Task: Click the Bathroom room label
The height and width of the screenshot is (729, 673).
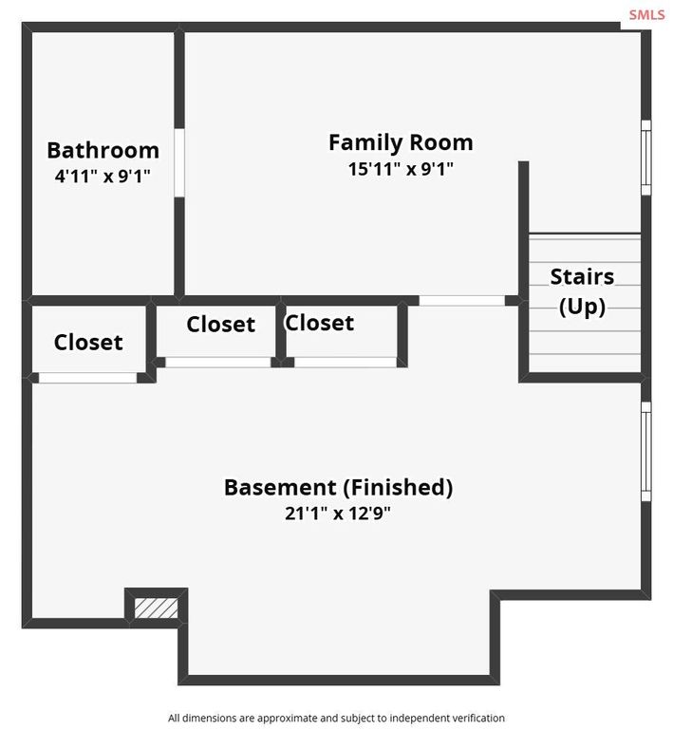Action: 103,150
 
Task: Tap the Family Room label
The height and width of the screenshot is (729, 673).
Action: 400,142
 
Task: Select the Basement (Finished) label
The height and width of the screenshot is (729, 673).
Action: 338,487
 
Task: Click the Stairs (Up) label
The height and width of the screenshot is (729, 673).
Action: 582,291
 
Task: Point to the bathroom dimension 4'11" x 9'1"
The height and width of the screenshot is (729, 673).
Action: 103,176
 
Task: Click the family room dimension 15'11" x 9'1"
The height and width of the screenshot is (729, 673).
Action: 400,169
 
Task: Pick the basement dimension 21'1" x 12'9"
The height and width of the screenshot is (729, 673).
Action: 338,514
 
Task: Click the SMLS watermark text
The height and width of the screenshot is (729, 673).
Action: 646,14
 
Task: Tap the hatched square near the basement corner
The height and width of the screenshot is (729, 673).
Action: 155,607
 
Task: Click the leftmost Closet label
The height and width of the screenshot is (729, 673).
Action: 88,342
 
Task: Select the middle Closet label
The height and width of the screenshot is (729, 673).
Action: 220,324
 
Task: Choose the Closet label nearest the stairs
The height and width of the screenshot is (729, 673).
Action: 319,323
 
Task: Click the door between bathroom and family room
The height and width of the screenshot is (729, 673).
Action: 178,162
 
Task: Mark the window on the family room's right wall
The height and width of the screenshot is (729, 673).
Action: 645,157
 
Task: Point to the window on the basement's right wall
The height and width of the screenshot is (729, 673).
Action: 645,451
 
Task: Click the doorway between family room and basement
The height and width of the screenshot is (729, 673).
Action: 462,301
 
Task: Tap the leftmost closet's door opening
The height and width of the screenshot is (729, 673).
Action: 87,378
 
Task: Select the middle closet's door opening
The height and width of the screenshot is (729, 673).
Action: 217,362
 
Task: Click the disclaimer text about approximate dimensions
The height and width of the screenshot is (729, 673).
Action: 336,718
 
